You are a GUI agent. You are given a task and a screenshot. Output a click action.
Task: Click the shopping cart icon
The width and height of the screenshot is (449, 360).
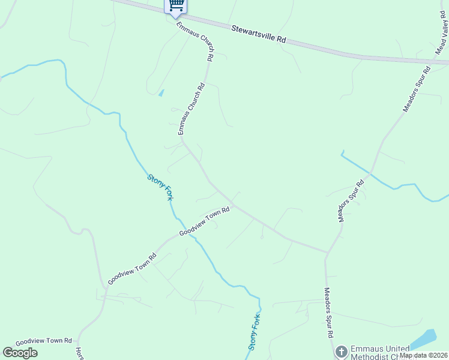[x=176, y=5]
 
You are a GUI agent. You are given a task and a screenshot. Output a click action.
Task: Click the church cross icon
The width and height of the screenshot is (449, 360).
[x=341, y=352]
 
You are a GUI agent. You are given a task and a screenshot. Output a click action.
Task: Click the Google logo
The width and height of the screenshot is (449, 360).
[x=20, y=353]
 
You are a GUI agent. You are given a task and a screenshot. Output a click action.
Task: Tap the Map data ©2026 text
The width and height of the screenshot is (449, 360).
[x=423, y=355]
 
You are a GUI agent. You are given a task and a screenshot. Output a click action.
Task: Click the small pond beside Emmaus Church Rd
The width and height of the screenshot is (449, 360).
[x=161, y=93]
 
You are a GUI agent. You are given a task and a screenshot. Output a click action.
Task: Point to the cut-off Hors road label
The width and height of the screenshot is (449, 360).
[x=79, y=353]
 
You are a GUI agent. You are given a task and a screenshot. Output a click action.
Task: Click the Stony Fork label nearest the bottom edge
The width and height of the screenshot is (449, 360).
[x=255, y=332]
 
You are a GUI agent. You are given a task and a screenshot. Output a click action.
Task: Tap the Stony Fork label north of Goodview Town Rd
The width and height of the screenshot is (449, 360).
[x=160, y=187]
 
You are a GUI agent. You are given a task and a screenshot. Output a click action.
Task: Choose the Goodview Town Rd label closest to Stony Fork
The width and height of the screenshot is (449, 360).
[x=205, y=221]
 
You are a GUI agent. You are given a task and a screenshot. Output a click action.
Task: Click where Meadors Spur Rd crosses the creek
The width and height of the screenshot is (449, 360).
[x=371, y=174]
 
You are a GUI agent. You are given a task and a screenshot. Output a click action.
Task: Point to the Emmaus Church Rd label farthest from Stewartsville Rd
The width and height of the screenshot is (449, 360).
[x=191, y=109]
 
